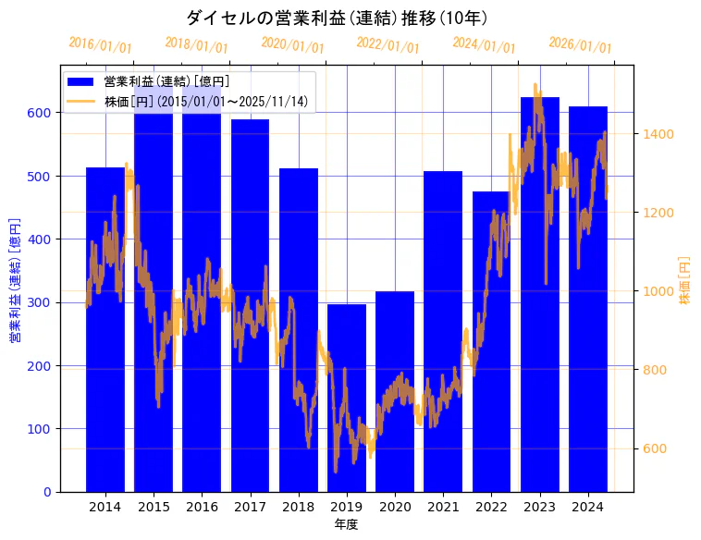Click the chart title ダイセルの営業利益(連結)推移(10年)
tap(337, 18)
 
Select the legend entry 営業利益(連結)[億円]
tap(166, 82)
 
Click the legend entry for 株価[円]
tap(205, 101)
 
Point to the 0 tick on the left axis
tap(47, 492)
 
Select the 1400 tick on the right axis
tap(659, 134)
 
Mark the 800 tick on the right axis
tap(656, 370)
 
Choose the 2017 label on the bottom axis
tap(250, 507)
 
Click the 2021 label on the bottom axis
tap(443, 507)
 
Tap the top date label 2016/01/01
tap(101, 44)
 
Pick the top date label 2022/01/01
tap(387, 44)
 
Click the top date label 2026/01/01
tap(580, 44)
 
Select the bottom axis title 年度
tap(346, 524)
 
